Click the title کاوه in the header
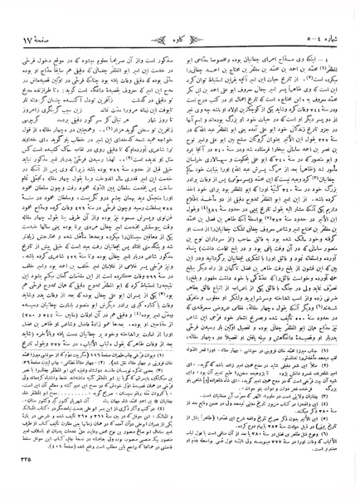coord(178,17)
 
